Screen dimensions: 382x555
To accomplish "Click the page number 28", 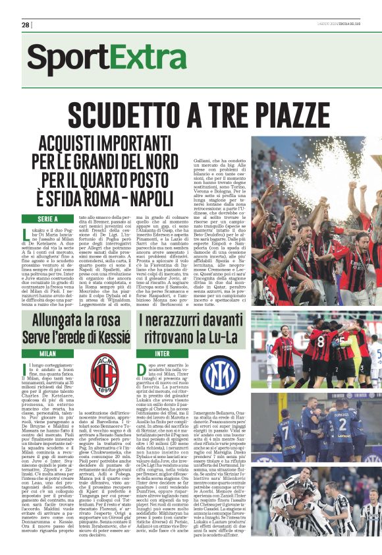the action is click(x=25, y=25).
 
